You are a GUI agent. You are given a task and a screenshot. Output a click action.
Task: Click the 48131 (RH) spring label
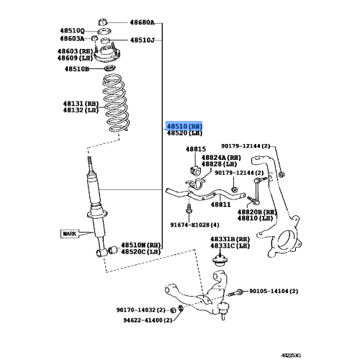[81, 102]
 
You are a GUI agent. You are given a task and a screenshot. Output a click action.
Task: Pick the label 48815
[196, 149]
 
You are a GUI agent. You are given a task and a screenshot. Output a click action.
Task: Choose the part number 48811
[220, 204]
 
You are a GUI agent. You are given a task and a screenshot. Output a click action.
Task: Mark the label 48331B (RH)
[230, 238]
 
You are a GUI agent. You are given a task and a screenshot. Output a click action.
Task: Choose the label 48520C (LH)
[141, 251]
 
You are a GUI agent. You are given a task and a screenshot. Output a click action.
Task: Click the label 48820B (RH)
[256, 211]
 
